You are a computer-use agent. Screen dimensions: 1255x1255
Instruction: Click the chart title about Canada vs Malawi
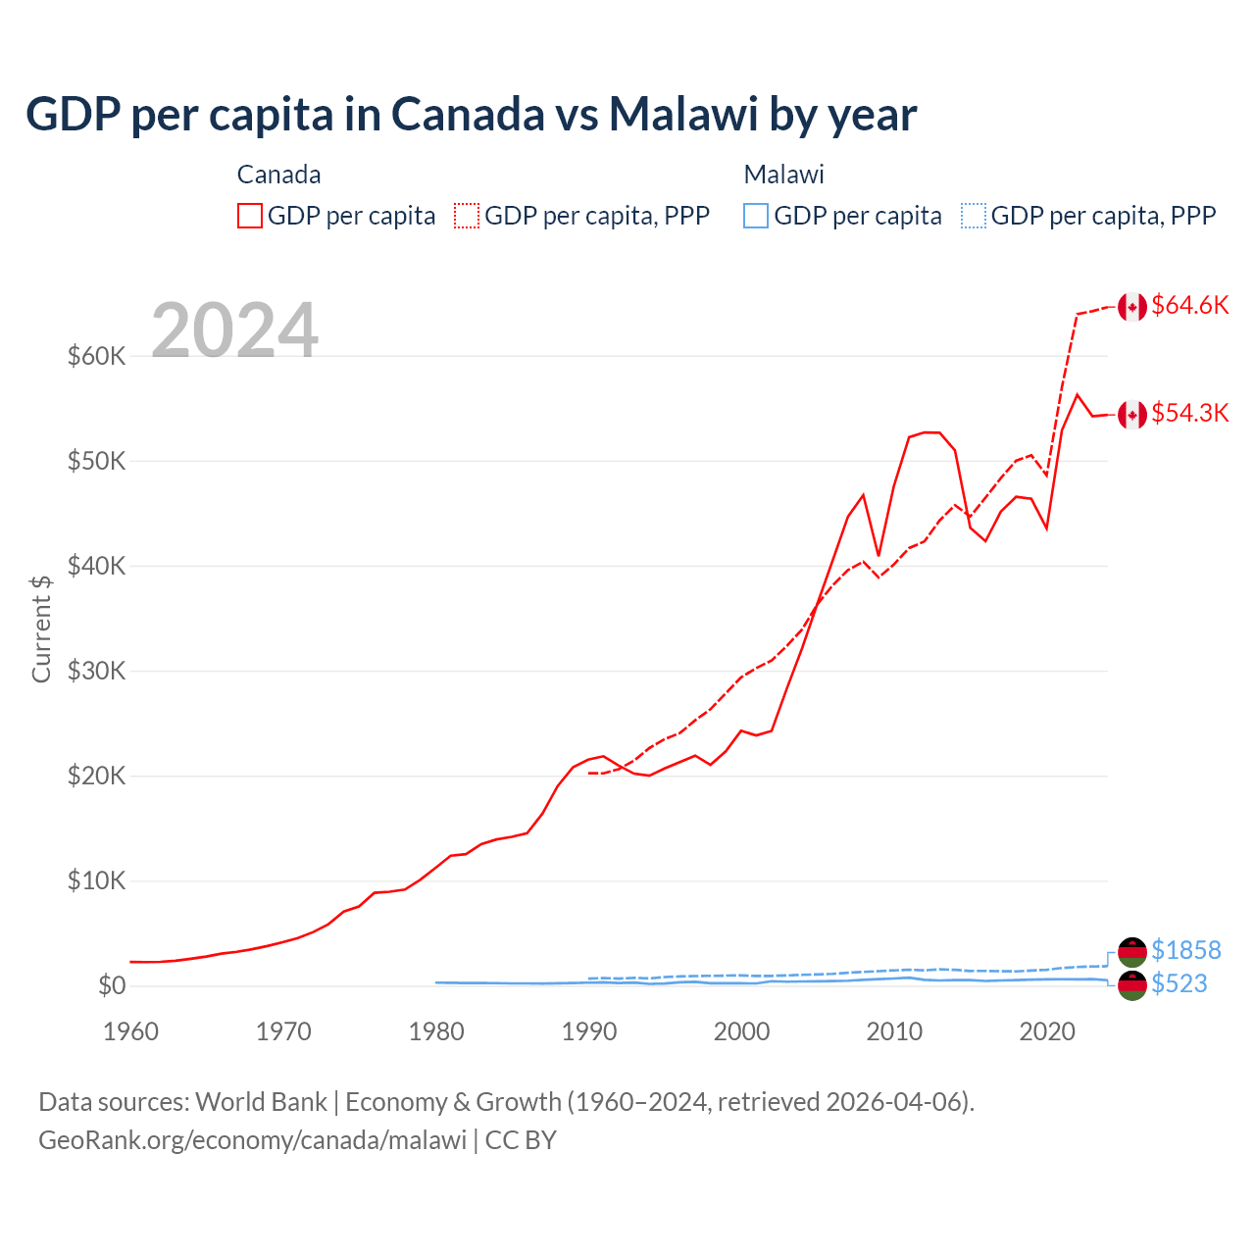pos(471,115)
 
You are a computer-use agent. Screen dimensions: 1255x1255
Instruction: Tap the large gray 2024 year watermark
pos(234,330)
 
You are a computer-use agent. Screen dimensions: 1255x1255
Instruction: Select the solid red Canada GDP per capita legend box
pos(250,216)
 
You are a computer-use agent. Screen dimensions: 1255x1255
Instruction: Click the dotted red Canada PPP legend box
pos(467,216)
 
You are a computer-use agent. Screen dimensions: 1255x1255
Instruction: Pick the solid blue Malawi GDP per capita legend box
pos(756,216)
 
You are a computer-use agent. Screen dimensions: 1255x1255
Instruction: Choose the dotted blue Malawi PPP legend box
pos(974,216)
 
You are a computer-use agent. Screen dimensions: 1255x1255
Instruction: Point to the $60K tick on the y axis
pos(96,356)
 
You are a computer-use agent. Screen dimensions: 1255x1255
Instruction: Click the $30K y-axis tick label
pos(96,672)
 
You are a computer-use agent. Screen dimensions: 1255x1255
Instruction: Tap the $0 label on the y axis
pos(111,986)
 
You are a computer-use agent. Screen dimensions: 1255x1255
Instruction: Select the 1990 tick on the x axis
pos(589,1031)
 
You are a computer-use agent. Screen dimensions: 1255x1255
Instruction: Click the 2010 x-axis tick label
pos(894,1031)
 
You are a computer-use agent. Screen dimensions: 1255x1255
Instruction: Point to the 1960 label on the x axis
pos(131,1031)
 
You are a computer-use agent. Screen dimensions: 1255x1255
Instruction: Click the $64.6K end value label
pos(1189,306)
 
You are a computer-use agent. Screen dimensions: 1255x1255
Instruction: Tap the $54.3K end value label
pos(1189,414)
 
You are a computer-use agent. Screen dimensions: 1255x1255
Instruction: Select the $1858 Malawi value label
pos(1185,950)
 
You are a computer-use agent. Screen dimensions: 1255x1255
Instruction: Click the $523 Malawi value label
pos(1179,984)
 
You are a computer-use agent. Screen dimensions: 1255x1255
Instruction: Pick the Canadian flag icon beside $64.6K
pos(1132,307)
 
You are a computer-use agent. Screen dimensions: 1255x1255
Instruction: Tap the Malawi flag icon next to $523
pos(1132,986)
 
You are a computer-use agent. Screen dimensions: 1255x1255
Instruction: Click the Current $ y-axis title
pos(41,628)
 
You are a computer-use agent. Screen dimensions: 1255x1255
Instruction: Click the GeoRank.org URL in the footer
pos(252,1140)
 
